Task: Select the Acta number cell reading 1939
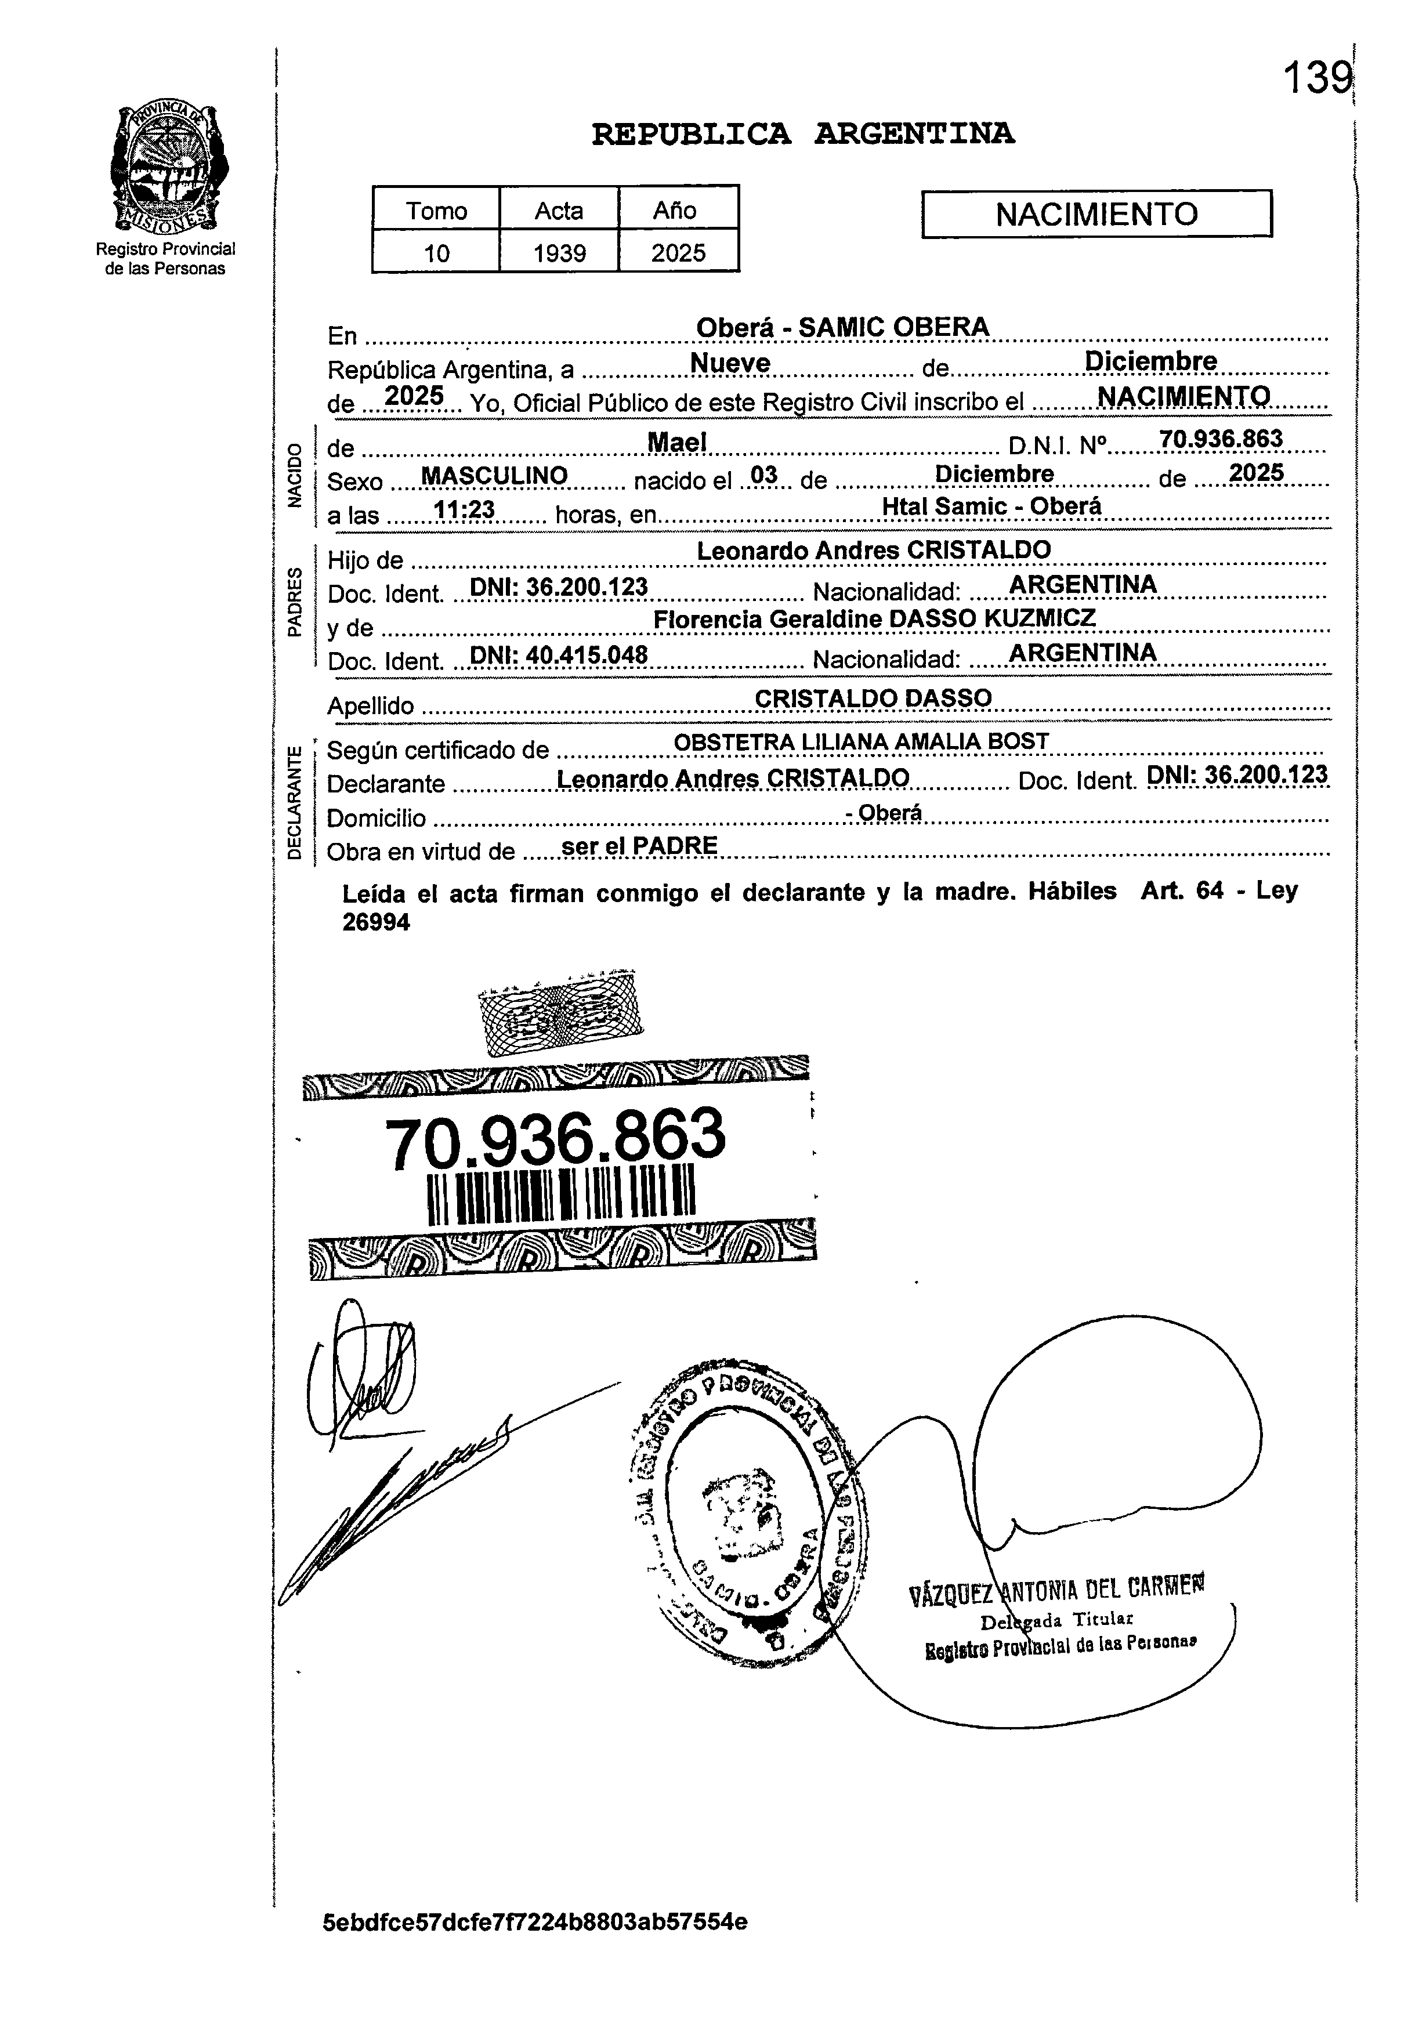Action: point(559,253)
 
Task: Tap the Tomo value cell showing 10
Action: point(436,253)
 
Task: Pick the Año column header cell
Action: point(676,211)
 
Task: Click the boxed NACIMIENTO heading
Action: point(1096,214)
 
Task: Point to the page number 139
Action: point(1316,79)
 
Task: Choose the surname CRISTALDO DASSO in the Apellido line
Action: point(872,698)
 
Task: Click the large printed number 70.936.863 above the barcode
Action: point(555,1139)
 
